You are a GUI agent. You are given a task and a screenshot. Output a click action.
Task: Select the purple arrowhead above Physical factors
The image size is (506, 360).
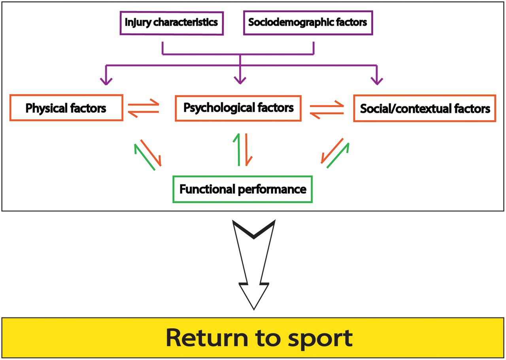tap(106, 81)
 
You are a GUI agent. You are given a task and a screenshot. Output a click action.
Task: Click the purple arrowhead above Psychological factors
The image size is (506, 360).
tap(240, 80)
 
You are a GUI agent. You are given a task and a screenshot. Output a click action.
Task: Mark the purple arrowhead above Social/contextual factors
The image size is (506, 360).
tap(377, 81)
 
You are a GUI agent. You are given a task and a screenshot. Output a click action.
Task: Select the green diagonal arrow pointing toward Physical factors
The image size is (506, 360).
tap(145, 157)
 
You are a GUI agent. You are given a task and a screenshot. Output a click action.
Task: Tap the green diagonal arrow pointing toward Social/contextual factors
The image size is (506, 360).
tap(338, 155)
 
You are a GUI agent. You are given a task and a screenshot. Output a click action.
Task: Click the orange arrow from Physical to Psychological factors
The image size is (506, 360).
tap(143, 104)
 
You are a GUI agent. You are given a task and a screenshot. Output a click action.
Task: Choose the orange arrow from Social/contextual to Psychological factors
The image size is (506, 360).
tap(327, 113)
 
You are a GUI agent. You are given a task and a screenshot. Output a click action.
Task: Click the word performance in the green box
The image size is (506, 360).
tap(272, 190)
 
